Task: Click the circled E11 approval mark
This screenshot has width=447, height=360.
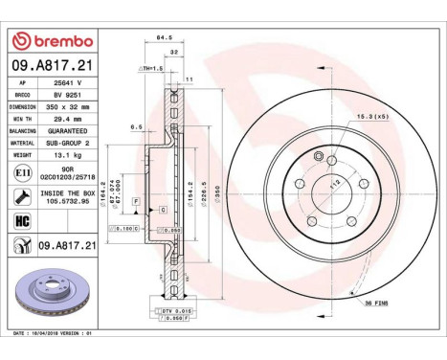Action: point(22,171)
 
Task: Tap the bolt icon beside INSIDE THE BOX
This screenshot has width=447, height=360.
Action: point(22,196)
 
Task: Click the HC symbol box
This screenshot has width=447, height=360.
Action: point(22,221)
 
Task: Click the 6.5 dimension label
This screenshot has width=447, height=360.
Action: point(136,125)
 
